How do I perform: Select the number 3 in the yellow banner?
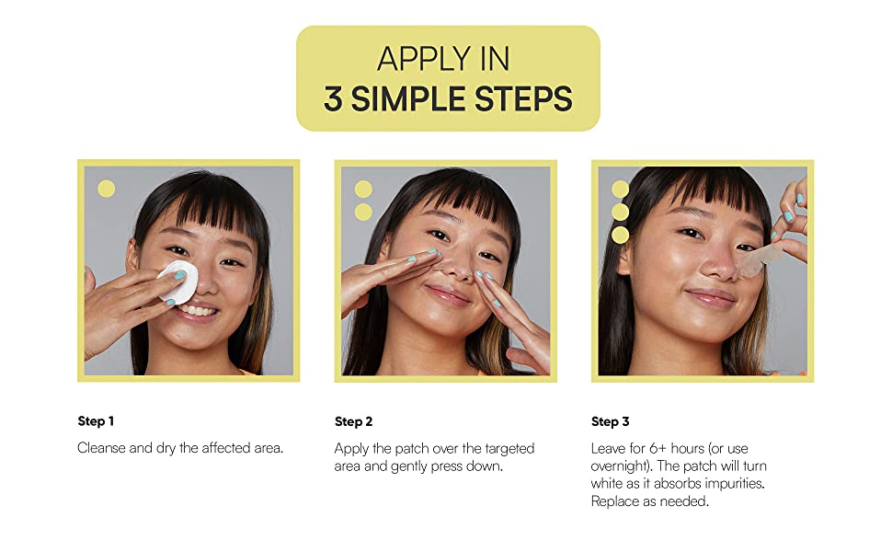(x=333, y=98)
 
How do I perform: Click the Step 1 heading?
(x=96, y=421)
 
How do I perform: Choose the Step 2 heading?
(x=353, y=421)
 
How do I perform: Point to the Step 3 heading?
(x=610, y=421)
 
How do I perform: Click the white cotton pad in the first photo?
(x=178, y=282)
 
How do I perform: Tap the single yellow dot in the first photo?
(x=107, y=190)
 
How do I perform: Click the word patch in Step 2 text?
(x=423, y=448)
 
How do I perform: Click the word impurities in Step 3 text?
(x=733, y=483)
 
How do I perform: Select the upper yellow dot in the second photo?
(x=363, y=190)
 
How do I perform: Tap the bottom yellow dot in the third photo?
(x=621, y=235)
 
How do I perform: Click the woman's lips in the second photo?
(x=448, y=294)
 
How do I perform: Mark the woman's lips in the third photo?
(x=708, y=296)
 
